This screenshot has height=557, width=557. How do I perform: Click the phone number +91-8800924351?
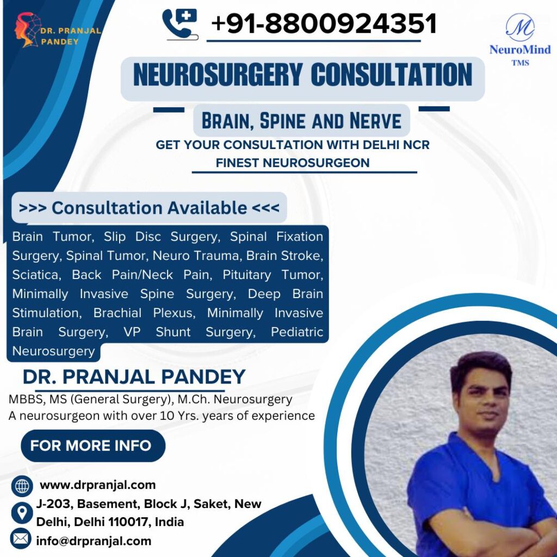(x=324, y=24)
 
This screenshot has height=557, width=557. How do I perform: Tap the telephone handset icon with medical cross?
(x=180, y=24)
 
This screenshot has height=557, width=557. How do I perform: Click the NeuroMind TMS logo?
(x=519, y=40)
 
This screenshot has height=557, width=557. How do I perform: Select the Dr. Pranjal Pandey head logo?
(x=27, y=30)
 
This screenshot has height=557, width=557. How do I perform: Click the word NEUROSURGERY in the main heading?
(x=218, y=75)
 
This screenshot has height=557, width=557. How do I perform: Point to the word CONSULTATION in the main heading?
(x=392, y=75)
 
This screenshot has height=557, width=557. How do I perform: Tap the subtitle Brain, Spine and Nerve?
(x=301, y=121)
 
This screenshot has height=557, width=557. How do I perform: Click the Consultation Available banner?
(x=149, y=208)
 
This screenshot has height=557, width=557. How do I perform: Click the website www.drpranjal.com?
(x=98, y=485)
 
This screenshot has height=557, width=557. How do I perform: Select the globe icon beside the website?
(x=22, y=486)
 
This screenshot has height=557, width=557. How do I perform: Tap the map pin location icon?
(x=22, y=513)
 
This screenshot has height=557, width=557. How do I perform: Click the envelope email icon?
(x=21, y=539)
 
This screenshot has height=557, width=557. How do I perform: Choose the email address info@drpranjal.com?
(x=94, y=541)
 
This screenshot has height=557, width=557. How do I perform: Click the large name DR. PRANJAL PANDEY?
(x=134, y=376)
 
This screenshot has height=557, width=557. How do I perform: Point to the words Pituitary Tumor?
(x=273, y=275)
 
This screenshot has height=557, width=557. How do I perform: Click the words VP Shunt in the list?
(x=157, y=332)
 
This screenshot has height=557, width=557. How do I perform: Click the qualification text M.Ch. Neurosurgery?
(x=235, y=399)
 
